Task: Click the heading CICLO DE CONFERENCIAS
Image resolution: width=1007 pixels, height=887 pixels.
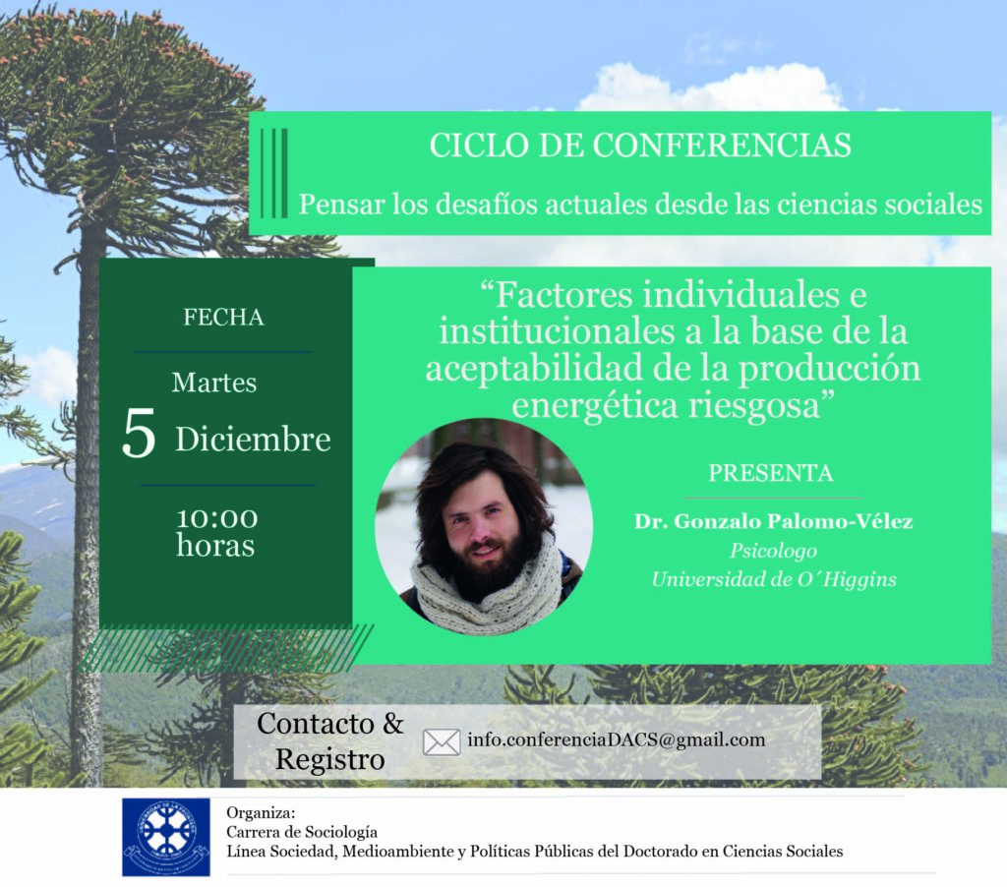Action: pyautogui.click(x=640, y=146)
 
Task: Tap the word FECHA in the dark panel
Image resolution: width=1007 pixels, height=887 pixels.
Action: pyautogui.click(x=223, y=318)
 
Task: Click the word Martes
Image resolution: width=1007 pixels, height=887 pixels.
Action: pyautogui.click(x=213, y=383)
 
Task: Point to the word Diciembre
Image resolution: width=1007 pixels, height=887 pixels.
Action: pyautogui.click(x=253, y=440)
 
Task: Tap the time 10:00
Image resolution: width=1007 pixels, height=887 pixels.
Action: pyautogui.click(x=217, y=517)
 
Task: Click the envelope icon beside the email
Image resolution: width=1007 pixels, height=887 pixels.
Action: pyautogui.click(x=442, y=741)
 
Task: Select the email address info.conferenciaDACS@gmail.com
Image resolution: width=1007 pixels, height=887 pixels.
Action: pyautogui.click(x=617, y=739)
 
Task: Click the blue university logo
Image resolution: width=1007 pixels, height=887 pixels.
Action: pyautogui.click(x=165, y=837)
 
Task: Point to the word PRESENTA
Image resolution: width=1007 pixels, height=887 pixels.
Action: pyautogui.click(x=771, y=473)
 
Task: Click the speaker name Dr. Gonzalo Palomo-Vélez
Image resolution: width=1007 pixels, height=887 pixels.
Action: pyautogui.click(x=773, y=521)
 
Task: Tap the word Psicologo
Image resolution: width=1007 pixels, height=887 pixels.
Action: pyautogui.click(x=773, y=551)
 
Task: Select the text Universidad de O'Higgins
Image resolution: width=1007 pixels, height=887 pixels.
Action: pyautogui.click(x=773, y=579)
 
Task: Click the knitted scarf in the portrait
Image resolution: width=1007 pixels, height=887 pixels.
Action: pyautogui.click(x=487, y=586)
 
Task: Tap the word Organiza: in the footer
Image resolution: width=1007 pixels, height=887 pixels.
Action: pyautogui.click(x=261, y=813)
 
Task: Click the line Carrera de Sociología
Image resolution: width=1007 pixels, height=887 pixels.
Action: pyautogui.click(x=302, y=832)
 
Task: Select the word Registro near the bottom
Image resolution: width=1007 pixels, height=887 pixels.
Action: pyautogui.click(x=330, y=760)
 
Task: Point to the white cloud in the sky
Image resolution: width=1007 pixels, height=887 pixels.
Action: pyautogui.click(x=711, y=88)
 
